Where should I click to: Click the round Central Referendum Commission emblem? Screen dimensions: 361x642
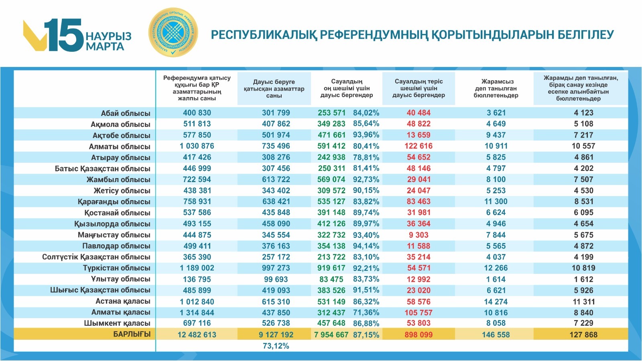click(173, 32)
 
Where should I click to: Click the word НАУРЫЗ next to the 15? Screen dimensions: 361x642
click(108, 36)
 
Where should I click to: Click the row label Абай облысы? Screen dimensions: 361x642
click(126, 113)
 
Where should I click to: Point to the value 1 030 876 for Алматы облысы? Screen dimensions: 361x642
click(197, 146)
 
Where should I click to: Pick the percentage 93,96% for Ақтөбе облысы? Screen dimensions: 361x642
click(366, 135)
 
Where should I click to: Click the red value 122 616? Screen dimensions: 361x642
click(419, 146)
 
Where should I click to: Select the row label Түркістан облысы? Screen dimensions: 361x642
click(116, 268)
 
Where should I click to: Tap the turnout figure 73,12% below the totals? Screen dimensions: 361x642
click(276, 346)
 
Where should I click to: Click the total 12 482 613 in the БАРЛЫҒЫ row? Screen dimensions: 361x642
click(197, 335)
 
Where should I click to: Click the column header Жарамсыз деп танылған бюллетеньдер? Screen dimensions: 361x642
click(496, 89)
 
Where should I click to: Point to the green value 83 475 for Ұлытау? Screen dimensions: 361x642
click(331, 279)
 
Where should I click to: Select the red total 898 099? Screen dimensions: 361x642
click(419, 335)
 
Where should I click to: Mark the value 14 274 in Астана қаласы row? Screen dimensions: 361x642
click(496, 302)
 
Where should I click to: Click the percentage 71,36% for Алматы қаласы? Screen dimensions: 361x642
click(366, 312)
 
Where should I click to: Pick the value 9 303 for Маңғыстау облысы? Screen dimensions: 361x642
click(419, 235)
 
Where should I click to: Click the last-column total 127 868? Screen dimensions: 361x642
click(583, 335)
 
